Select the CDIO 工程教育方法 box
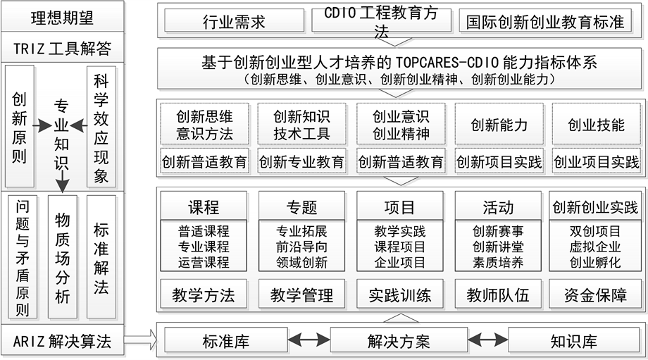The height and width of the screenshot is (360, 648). (381, 21)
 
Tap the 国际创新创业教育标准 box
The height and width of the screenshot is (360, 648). (547, 21)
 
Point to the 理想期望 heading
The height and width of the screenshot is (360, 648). (63, 18)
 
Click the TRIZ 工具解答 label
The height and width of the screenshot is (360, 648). (63, 49)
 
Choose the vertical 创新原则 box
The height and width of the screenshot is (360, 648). (20, 127)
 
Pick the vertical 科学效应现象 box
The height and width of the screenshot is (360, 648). (101, 127)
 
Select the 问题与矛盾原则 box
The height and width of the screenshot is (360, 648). (23, 256)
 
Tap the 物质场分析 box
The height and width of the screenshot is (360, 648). (62, 256)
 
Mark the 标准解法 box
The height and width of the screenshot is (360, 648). (101, 256)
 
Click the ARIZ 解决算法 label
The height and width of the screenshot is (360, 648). (63, 342)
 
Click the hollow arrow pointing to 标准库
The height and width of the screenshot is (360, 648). (144, 342)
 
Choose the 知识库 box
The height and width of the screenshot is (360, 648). (573, 342)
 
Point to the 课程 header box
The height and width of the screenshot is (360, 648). (204, 207)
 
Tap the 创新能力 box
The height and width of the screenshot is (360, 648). (499, 125)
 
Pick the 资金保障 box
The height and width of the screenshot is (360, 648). (595, 295)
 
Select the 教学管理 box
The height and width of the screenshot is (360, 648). (302, 295)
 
